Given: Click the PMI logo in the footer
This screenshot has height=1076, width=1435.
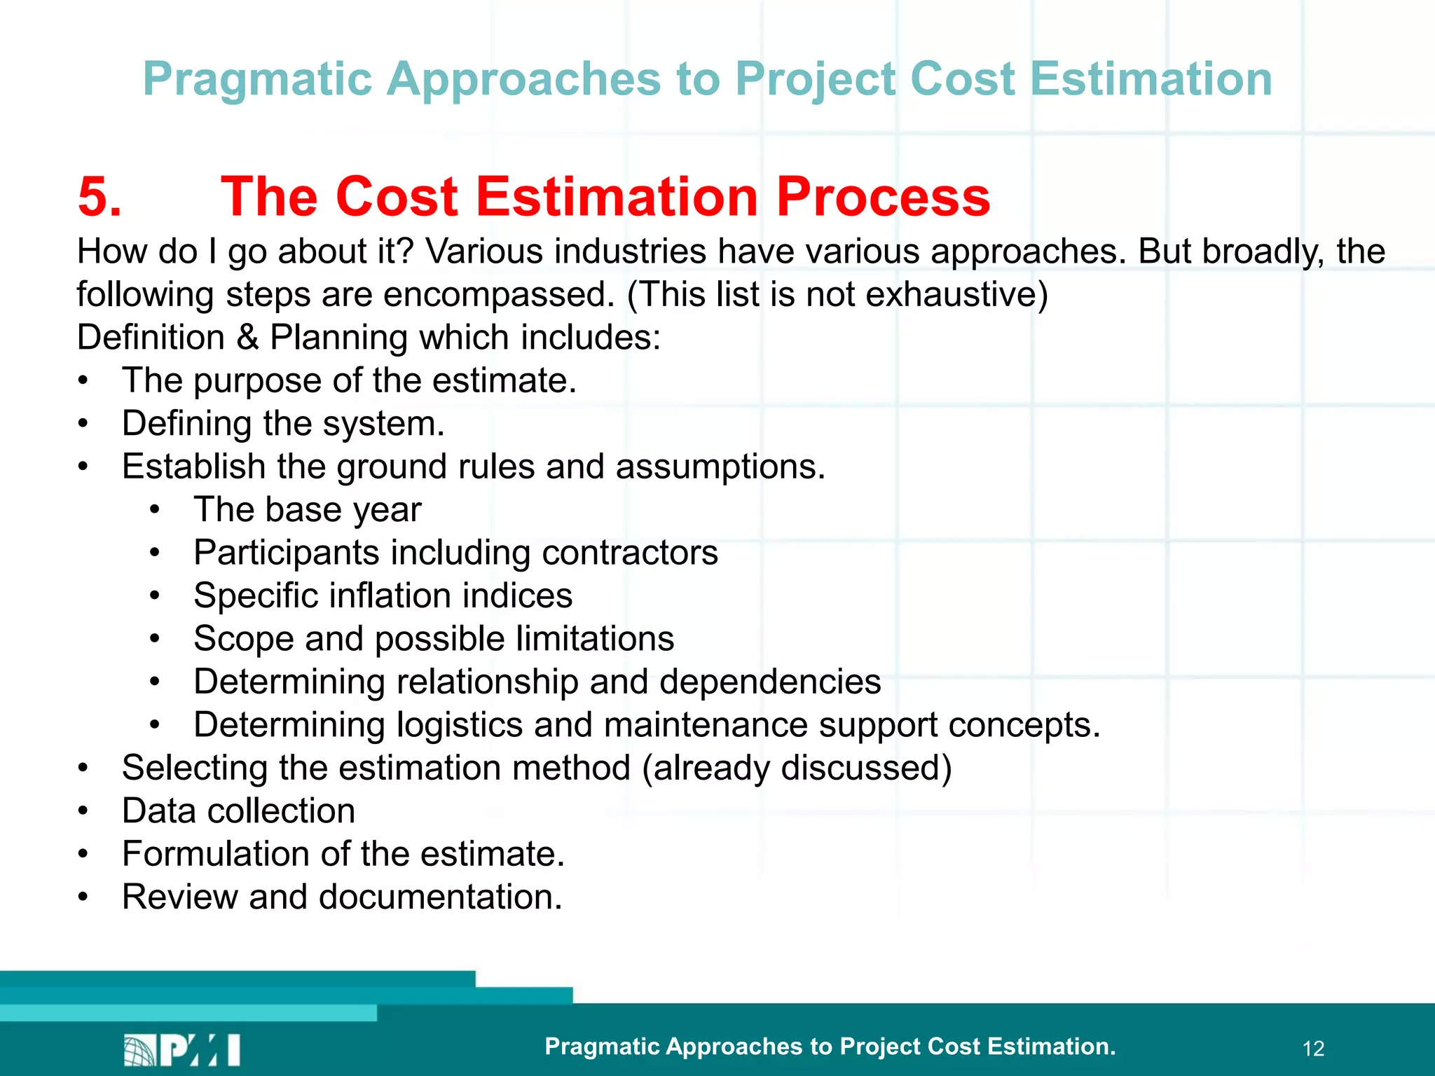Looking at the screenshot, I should (x=182, y=1049).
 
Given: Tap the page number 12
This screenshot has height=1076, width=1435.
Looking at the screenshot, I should (x=1313, y=1049).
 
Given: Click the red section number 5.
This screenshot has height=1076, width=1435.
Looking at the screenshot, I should (x=99, y=197).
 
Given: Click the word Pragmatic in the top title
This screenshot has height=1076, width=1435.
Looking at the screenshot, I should (x=257, y=79).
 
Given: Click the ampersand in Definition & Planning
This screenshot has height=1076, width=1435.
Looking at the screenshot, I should (x=247, y=338).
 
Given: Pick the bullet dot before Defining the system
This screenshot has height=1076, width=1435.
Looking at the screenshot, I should (x=83, y=424).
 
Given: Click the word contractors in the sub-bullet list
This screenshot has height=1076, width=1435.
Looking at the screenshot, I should (x=630, y=553).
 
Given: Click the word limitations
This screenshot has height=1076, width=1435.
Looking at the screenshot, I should (x=595, y=639).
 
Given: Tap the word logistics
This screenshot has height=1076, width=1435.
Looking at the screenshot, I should (x=460, y=725).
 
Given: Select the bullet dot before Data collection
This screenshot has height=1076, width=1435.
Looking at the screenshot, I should (x=83, y=811).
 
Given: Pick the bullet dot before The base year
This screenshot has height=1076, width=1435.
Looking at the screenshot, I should (x=156, y=510).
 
